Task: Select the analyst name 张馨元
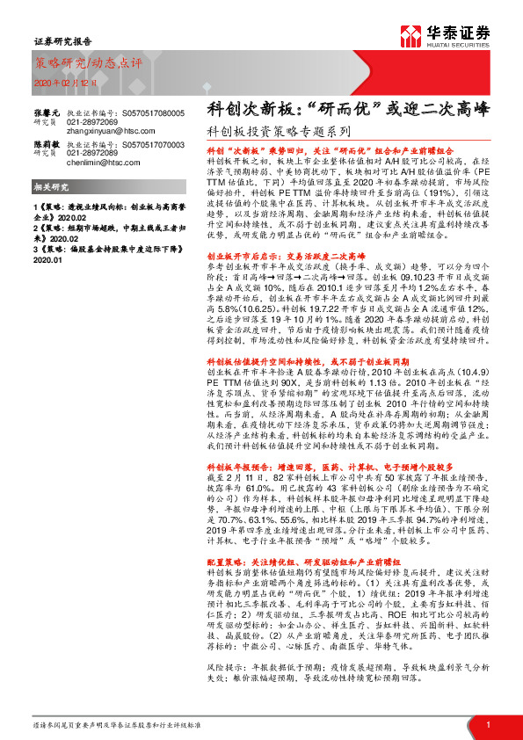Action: click(x=46, y=113)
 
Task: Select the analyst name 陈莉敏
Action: click(x=46, y=141)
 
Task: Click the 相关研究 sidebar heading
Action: click(x=52, y=189)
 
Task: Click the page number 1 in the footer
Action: click(x=488, y=724)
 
